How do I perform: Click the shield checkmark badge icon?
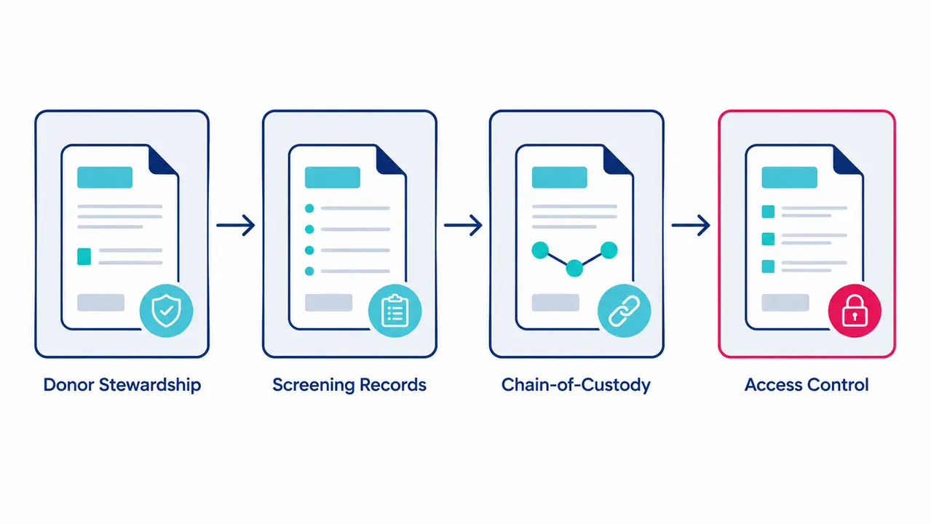pos(166,311)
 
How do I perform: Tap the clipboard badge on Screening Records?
pos(395,311)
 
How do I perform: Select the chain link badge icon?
pos(625,311)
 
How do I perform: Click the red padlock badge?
pos(855,311)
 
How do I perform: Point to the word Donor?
pos(68,385)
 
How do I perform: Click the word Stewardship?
pos(150,386)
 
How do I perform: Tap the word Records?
pos(393,385)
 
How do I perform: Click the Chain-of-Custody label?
pos(576,386)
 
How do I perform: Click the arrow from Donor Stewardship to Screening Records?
pos(236,225)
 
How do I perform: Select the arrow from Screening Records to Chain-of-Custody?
pos(463,225)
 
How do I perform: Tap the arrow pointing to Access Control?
pos(691,225)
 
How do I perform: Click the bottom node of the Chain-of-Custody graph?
pos(574,269)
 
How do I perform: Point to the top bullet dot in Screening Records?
pos(309,209)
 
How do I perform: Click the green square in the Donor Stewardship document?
pos(84,256)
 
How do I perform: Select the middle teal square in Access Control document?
pos(768,239)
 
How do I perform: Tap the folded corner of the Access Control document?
pos(847,161)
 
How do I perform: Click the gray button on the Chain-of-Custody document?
pos(555,303)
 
